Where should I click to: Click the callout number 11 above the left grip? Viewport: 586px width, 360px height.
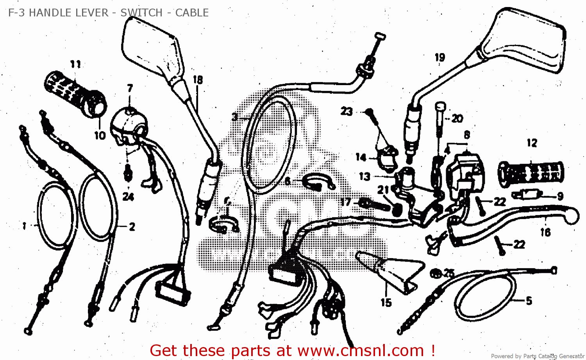(75, 64)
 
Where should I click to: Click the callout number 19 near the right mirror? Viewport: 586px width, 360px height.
(440, 58)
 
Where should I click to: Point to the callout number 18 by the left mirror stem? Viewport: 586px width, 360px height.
(198, 80)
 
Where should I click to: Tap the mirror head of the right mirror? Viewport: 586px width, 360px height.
(523, 41)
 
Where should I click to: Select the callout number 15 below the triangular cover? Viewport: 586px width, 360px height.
(386, 303)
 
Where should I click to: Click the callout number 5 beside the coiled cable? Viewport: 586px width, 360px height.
(529, 301)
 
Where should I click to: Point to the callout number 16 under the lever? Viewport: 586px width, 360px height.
(545, 233)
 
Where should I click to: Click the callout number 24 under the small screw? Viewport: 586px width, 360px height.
(128, 196)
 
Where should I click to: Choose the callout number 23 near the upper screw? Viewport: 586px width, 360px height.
(347, 112)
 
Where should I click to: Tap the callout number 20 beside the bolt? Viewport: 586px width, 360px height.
(457, 118)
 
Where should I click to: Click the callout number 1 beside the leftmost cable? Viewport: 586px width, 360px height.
(24, 226)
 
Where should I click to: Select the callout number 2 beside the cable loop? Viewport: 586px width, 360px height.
(132, 226)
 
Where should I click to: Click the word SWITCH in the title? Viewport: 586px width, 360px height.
(141, 13)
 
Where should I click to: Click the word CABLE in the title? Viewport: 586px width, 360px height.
(192, 13)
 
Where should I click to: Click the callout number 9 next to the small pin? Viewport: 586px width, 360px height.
(560, 196)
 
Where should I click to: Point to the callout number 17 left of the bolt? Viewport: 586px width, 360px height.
(345, 202)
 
